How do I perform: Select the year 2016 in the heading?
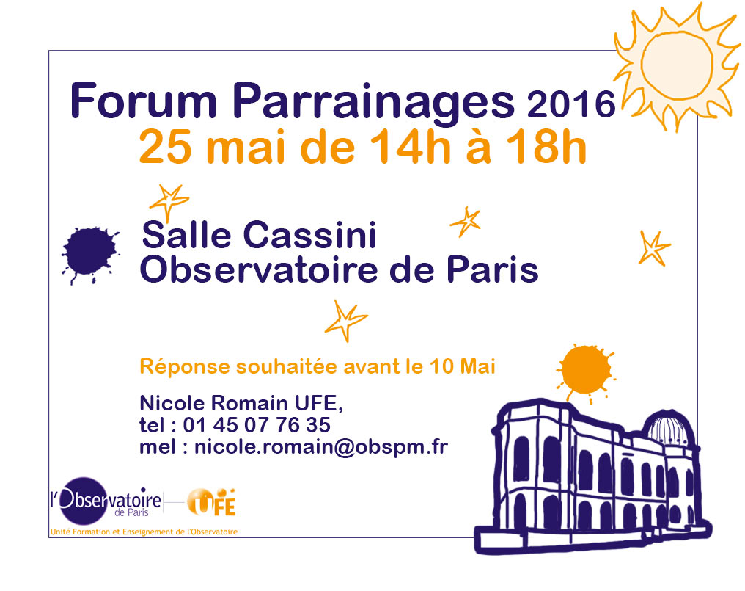[x=571, y=104]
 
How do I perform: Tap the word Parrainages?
[x=373, y=104]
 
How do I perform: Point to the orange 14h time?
[x=410, y=147]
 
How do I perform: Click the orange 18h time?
[x=546, y=147]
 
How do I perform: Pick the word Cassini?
[x=309, y=235]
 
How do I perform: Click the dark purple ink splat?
[x=89, y=253]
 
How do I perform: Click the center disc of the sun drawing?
[x=677, y=65]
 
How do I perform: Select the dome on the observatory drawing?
[x=669, y=427]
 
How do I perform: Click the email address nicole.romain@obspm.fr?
[x=321, y=447]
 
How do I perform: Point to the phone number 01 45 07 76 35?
[x=257, y=425]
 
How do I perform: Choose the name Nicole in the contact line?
[x=172, y=403]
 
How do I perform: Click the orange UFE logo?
[x=211, y=502]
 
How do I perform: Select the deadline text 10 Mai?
[x=462, y=366]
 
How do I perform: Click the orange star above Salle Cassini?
[x=169, y=201]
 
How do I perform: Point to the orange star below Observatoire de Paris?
[x=345, y=321]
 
